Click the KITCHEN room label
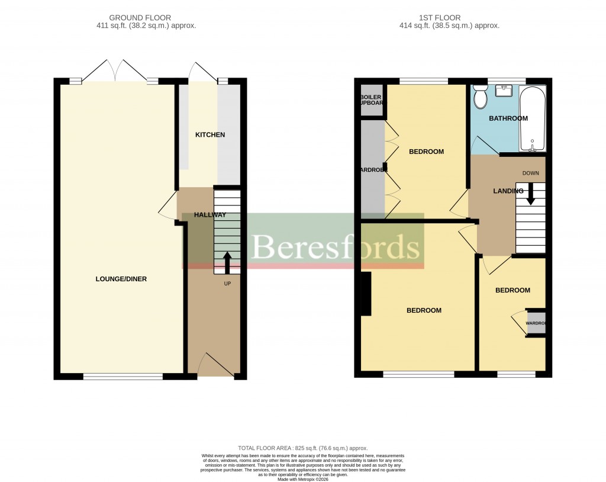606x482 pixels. pyautogui.click(x=210, y=135)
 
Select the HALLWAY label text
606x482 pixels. pyautogui.click(x=210, y=215)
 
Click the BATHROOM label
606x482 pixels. pyautogui.click(x=508, y=118)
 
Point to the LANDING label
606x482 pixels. pyautogui.click(x=508, y=191)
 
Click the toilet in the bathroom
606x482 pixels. pyautogui.click(x=480, y=96)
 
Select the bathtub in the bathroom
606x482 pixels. pyautogui.click(x=533, y=118)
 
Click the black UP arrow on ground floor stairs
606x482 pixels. pyautogui.click(x=227, y=262)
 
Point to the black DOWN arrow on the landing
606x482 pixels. pyautogui.click(x=530, y=193)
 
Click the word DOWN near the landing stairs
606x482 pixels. pyautogui.click(x=530, y=173)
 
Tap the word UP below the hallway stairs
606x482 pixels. pyautogui.click(x=227, y=284)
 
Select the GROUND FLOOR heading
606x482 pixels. pyautogui.click(x=146, y=18)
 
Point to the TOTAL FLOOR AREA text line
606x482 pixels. pyautogui.click(x=302, y=448)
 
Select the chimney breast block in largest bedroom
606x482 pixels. pyautogui.click(x=366, y=294)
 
